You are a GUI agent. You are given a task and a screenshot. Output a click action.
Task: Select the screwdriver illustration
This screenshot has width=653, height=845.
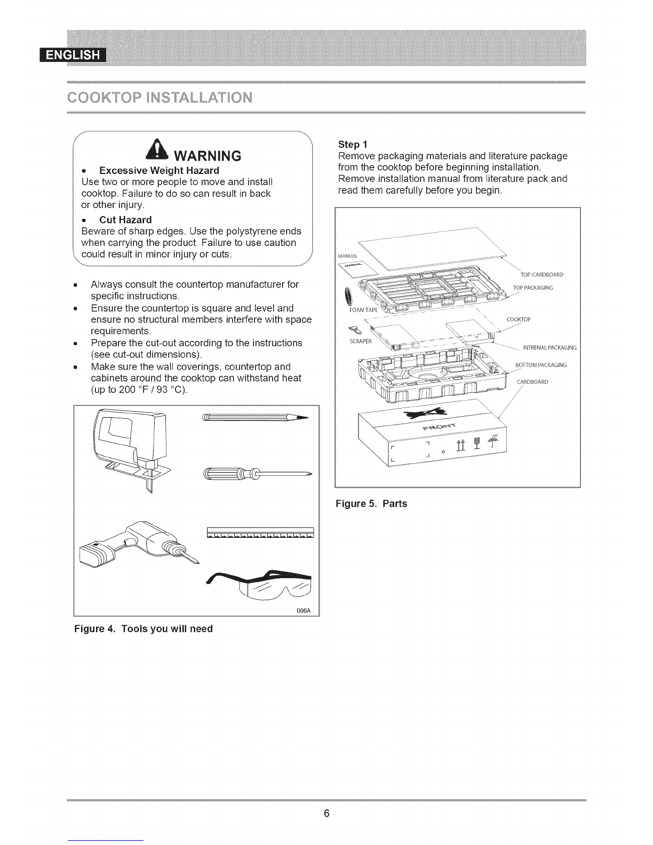(256, 473)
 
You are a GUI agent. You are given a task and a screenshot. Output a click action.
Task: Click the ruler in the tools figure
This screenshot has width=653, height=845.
(260, 533)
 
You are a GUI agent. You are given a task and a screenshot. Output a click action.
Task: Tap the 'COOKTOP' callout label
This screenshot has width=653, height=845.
(518, 320)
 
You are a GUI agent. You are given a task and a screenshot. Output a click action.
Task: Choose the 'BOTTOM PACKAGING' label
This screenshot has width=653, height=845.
(540, 365)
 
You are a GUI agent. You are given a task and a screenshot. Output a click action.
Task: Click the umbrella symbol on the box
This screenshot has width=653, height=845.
(492, 441)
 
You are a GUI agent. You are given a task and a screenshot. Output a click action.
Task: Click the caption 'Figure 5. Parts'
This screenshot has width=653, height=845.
(371, 504)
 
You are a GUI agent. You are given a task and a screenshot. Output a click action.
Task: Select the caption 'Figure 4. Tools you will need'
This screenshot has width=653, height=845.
(143, 628)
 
